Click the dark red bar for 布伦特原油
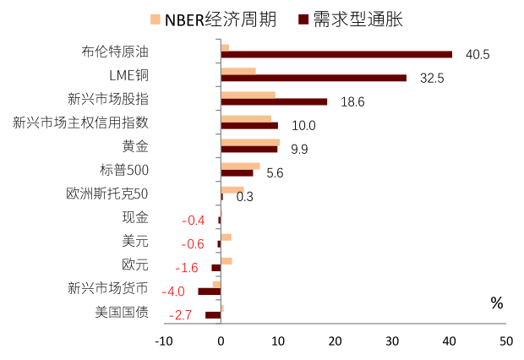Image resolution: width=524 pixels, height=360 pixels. (x=336, y=54)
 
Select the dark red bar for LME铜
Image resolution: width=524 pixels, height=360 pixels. (x=314, y=78)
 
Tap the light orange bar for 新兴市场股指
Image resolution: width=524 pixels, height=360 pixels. (x=248, y=95)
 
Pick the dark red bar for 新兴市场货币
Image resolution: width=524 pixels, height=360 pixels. (x=210, y=292)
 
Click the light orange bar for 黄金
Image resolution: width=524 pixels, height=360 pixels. (x=250, y=142)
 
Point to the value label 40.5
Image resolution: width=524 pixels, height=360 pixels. (x=478, y=55)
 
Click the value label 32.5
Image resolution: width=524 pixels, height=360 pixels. (x=432, y=79)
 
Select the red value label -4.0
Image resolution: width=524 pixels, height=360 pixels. (x=173, y=292)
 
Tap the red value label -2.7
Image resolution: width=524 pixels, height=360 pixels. (x=182, y=315)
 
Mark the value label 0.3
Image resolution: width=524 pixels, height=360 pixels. (x=245, y=197)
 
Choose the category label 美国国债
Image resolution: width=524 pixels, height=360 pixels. (x=122, y=313)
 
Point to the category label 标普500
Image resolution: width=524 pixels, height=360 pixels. (x=124, y=170)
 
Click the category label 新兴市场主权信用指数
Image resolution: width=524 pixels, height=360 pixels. (x=81, y=123)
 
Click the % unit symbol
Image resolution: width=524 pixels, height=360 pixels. (x=496, y=303)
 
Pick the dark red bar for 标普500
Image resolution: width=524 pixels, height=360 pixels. (x=237, y=172)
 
